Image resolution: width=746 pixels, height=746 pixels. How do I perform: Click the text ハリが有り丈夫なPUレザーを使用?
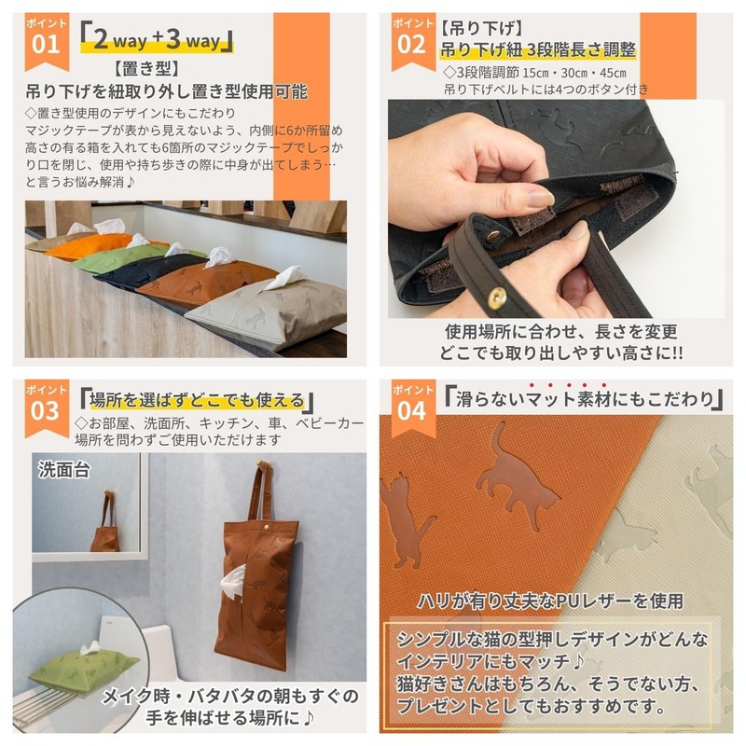click(x=549, y=600)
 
